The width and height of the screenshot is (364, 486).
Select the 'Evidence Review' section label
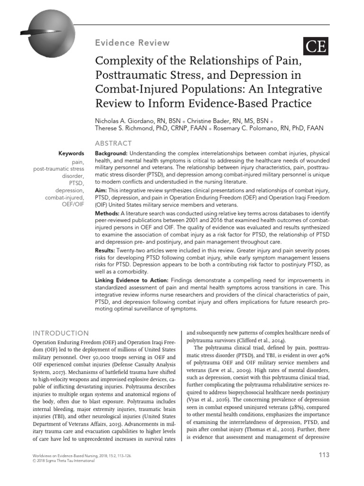tap(132, 43)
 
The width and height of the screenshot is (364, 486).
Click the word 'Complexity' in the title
tap(124, 61)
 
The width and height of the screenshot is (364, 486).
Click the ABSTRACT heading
tap(114, 143)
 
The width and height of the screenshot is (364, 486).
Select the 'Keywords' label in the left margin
tap(71, 154)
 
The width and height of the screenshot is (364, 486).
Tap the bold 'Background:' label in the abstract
tap(111, 154)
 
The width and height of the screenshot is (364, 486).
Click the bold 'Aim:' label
tap(102, 190)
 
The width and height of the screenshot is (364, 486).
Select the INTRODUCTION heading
tap(60, 333)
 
